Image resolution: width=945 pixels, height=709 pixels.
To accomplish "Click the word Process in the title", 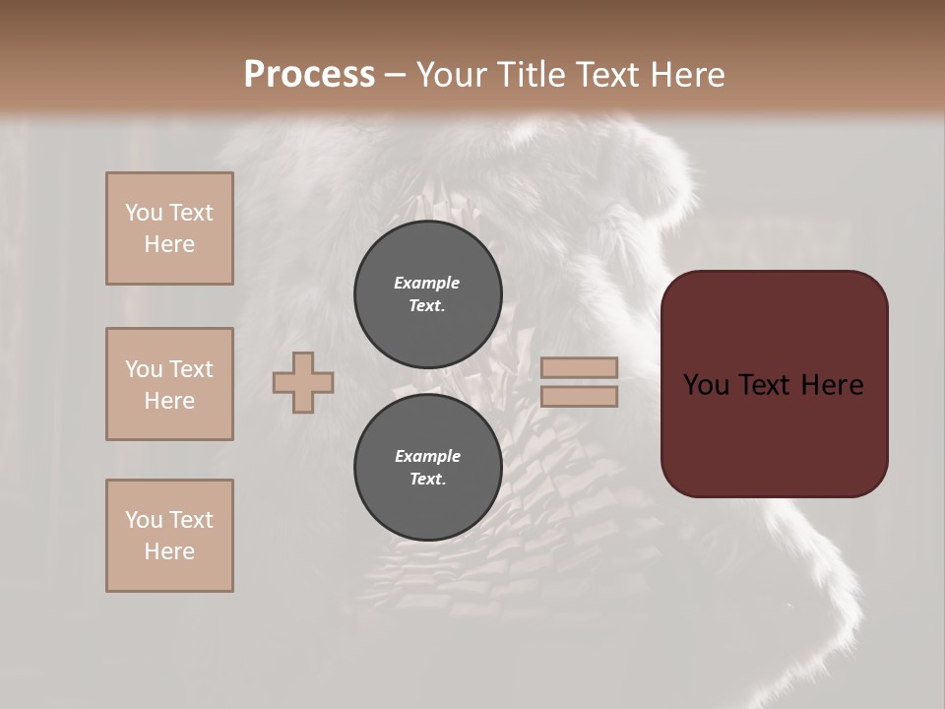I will point(309,74).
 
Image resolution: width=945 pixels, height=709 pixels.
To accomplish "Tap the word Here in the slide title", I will point(683,74).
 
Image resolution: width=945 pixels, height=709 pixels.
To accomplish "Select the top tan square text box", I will point(169,228).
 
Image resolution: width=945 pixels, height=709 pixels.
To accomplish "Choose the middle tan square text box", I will point(169,384).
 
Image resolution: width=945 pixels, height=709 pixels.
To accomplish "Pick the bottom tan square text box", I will point(169,536).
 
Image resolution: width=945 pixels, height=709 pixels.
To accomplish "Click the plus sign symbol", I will point(303,382).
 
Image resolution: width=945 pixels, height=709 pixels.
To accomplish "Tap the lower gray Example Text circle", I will point(428,467).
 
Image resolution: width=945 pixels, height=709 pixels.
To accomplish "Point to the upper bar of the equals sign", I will point(579,367).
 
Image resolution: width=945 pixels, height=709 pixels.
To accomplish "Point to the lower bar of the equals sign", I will point(579,396).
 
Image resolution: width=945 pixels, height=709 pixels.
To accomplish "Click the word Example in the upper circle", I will point(427,283).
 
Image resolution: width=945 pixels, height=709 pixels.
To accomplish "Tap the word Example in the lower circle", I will point(427,456).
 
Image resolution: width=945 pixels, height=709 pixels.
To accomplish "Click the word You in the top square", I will point(143,213).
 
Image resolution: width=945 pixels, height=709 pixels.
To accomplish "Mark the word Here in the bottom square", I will point(169,551).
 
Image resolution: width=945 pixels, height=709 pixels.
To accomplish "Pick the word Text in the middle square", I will point(189,369).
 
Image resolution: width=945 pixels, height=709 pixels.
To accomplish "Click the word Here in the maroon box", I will point(832,385).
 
